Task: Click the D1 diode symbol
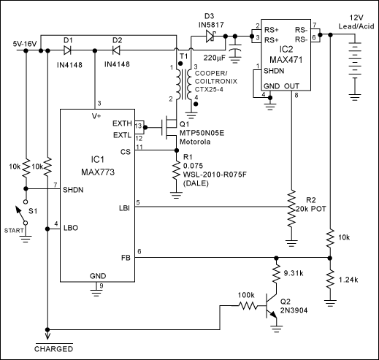(x=68, y=51)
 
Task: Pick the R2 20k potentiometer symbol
(x=291, y=208)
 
